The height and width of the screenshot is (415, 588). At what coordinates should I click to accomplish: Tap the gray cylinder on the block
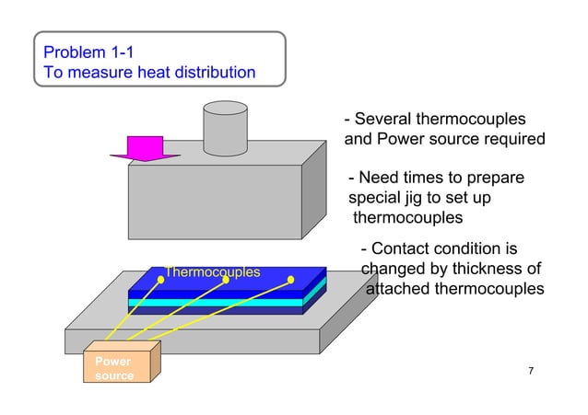(226, 129)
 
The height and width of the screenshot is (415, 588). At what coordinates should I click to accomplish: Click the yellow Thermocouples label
(212, 272)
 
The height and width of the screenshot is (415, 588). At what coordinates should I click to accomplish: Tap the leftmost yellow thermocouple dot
(160, 280)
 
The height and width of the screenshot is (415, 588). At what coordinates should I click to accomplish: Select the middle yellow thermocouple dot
(226, 280)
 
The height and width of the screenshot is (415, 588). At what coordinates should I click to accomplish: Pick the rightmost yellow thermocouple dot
(291, 280)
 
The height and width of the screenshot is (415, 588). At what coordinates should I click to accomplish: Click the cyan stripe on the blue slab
(221, 303)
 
